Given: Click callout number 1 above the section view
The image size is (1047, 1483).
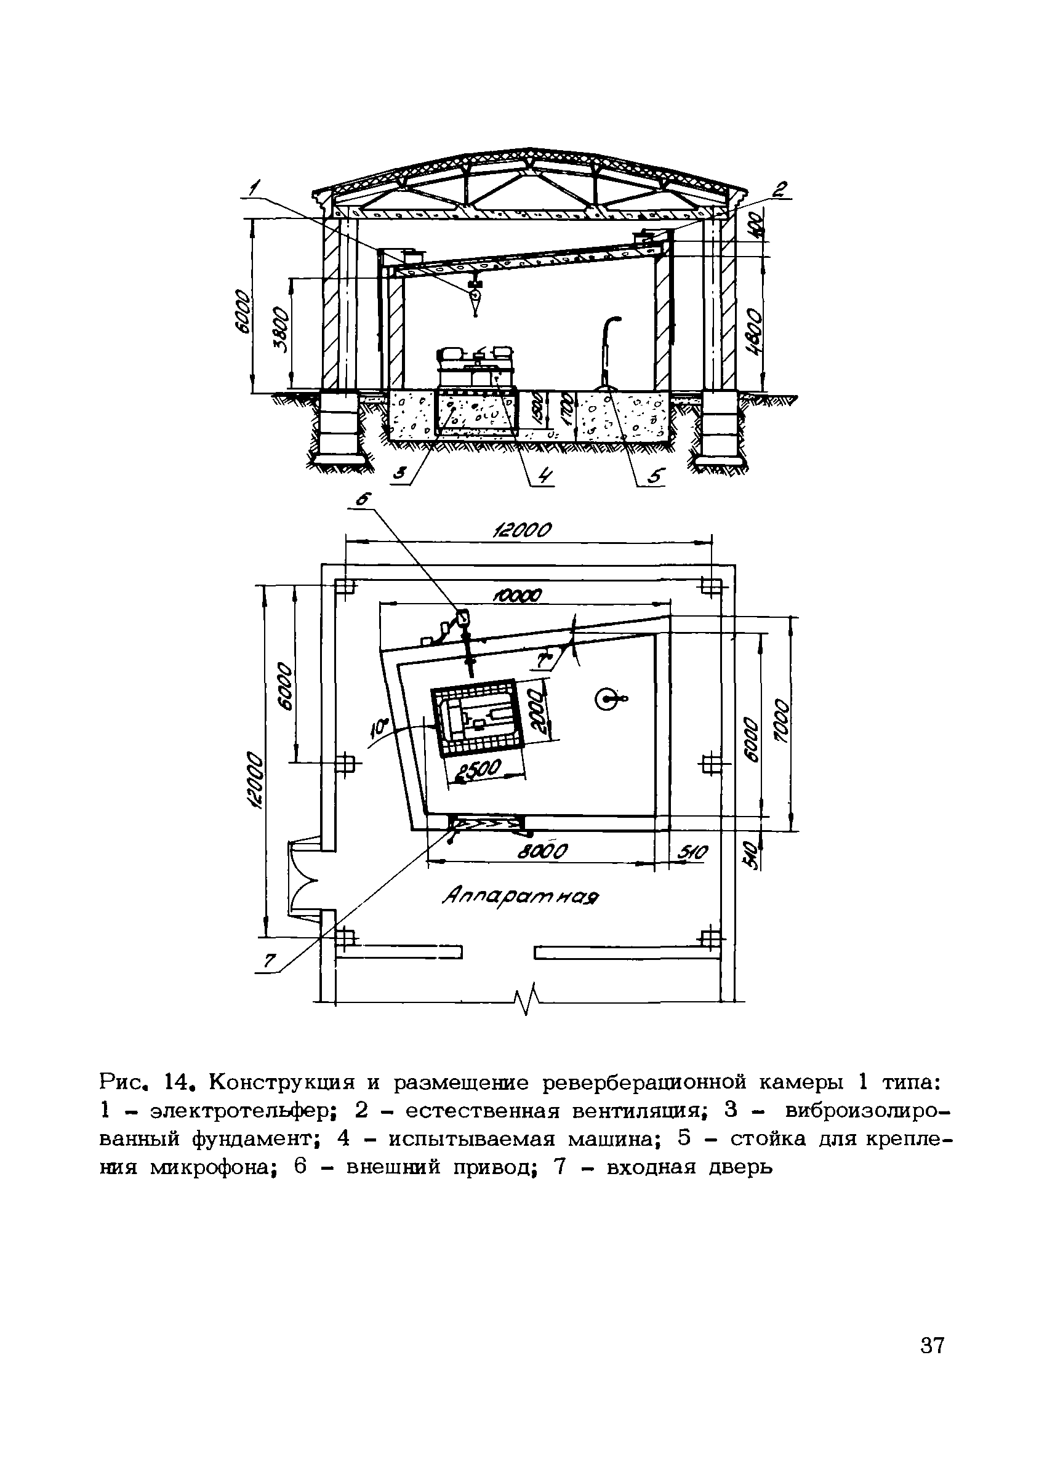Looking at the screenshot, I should pos(255,188).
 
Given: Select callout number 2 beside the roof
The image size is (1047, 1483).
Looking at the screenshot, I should pos(780,190).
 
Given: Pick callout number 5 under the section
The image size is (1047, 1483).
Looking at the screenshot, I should pos(655,478).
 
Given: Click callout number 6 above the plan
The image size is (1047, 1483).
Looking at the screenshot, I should pos(364,499).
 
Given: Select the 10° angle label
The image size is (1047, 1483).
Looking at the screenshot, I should pos(379,729).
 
